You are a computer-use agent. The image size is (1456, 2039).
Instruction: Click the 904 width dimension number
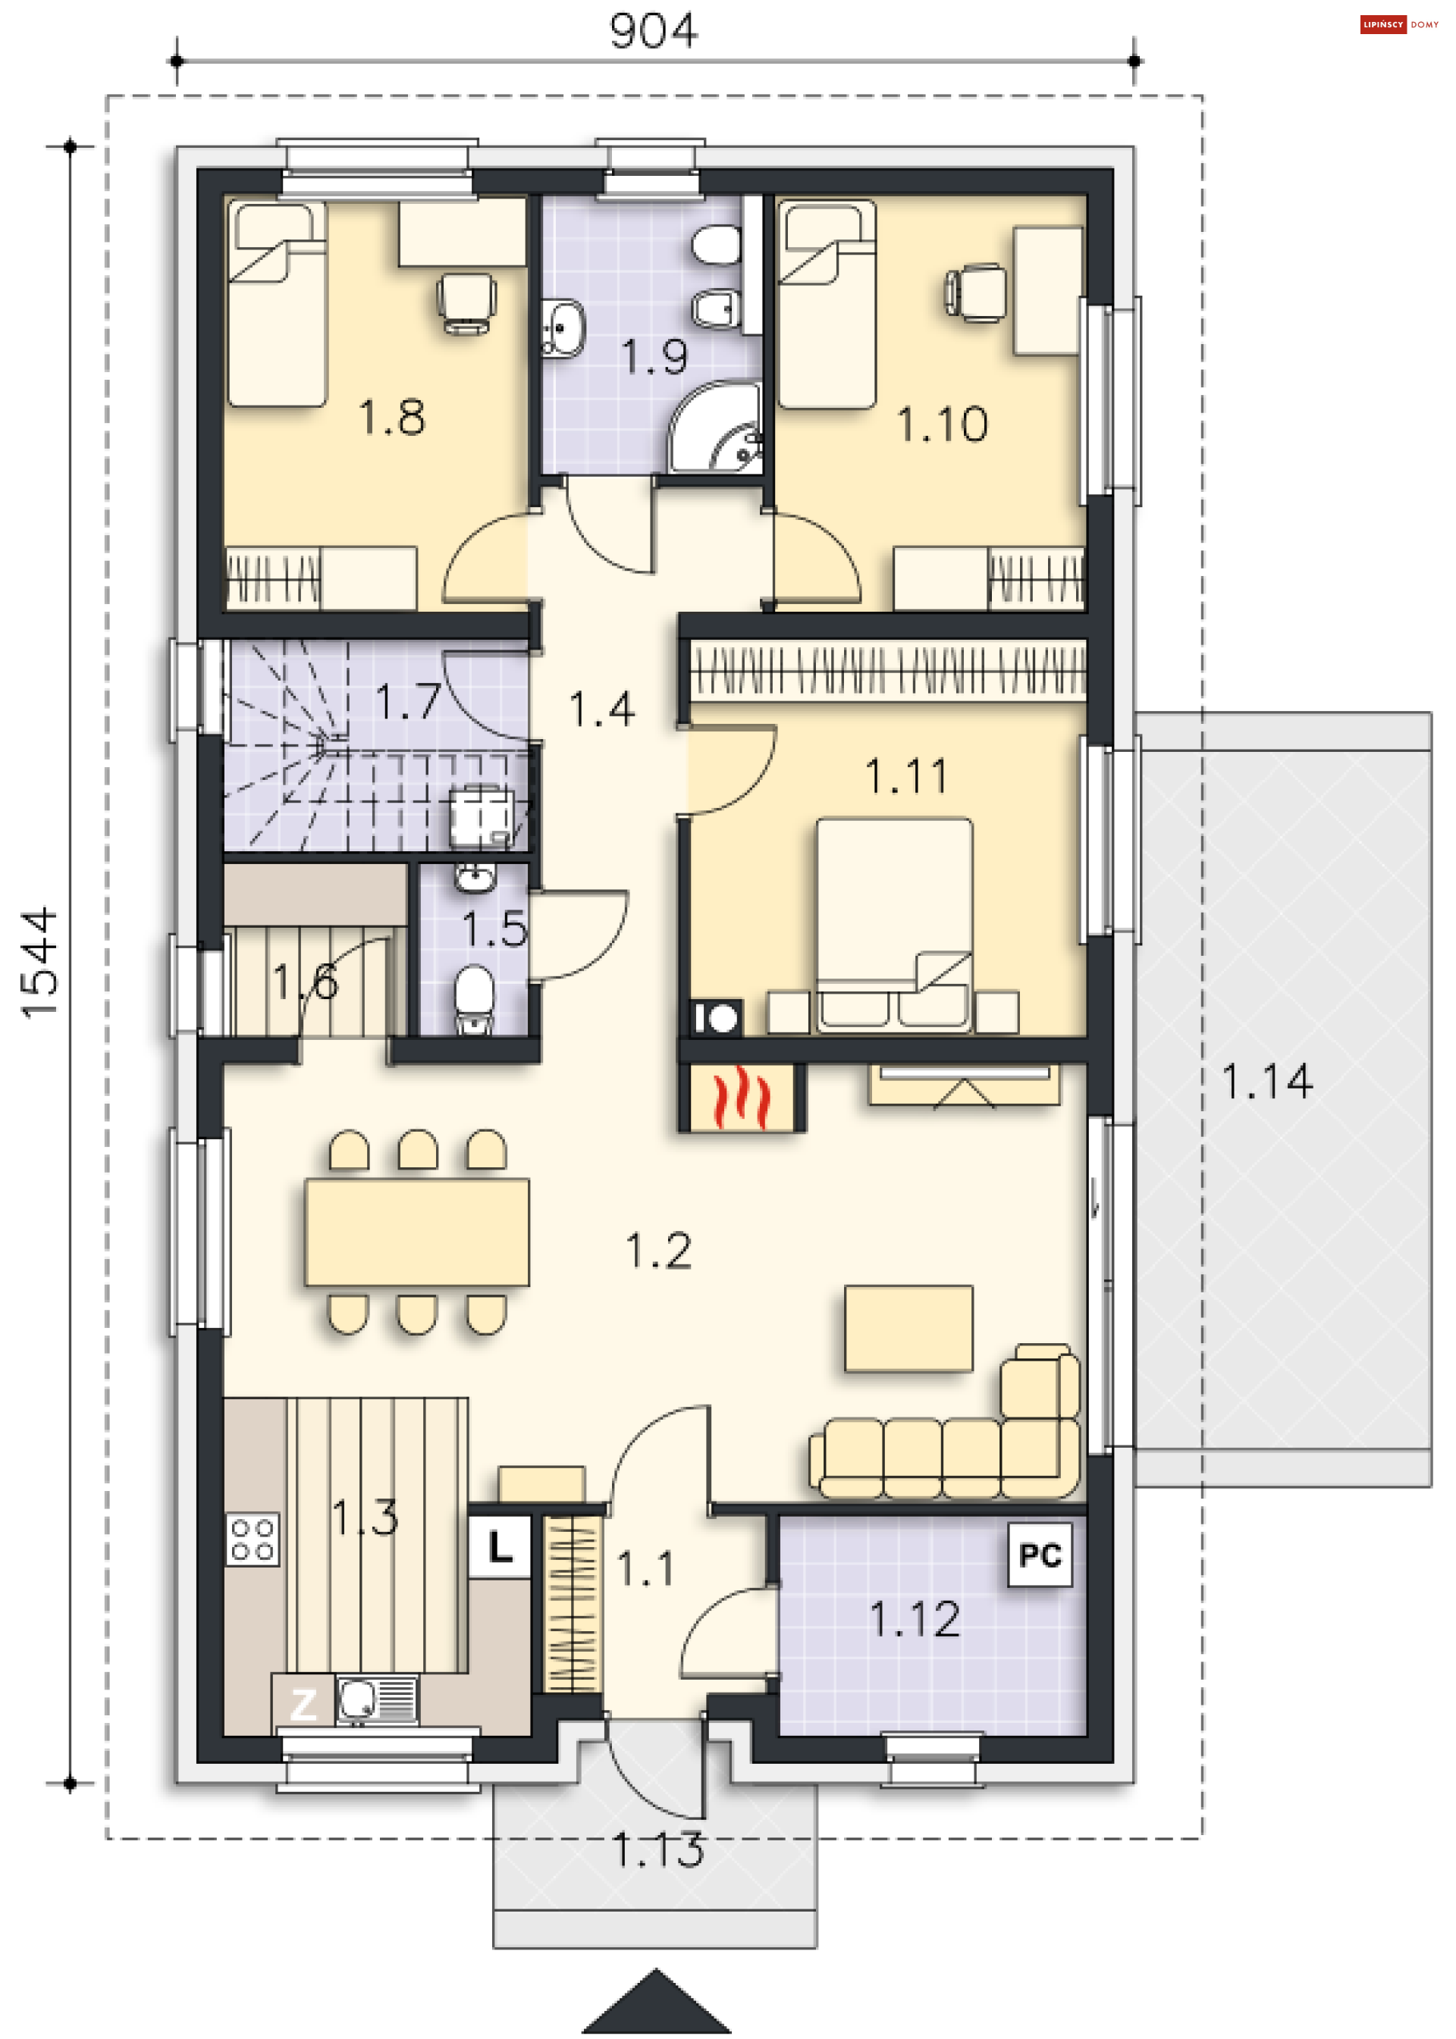point(653,30)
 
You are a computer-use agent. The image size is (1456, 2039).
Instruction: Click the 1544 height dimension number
point(40,963)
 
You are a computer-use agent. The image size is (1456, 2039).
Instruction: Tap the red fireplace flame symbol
point(742,1097)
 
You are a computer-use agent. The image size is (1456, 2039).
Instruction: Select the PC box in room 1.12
point(1040,1555)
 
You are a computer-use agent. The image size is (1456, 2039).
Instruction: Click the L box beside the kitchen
point(500,1547)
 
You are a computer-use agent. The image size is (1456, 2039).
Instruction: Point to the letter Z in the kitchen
point(303,1704)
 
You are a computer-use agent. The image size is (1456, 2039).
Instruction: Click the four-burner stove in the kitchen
point(253,1539)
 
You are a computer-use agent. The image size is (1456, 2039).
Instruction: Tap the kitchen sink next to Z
point(377,1700)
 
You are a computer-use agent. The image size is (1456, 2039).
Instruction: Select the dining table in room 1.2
point(417,1232)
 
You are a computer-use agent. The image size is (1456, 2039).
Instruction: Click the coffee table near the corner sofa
point(908,1328)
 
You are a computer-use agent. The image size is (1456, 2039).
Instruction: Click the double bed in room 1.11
point(894,923)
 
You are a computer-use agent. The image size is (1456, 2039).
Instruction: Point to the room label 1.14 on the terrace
point(1267,1081)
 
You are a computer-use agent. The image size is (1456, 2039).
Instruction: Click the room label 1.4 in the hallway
point(602,709)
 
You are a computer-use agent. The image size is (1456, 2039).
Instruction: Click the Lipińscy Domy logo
point(1398,24)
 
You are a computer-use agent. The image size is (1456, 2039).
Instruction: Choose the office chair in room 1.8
point(466,304)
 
